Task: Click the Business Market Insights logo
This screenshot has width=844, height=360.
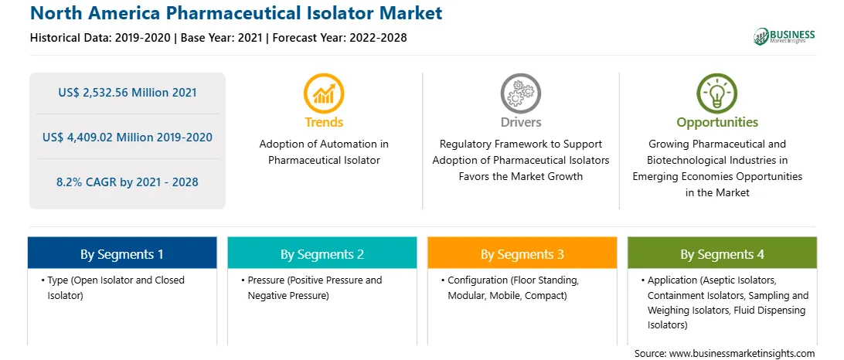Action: click(x=784, y=36)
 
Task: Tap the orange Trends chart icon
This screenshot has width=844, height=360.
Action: click(x=324, y=93)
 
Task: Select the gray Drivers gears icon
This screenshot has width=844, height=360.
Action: click(x=520, y=93)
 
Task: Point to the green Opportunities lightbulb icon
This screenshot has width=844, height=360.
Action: click(x=717, y=93)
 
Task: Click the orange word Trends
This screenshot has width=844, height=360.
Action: click(x=324, y=122)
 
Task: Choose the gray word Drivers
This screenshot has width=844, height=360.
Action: click(x=520, y=122)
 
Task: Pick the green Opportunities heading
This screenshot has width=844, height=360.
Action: click(x=717, y=123)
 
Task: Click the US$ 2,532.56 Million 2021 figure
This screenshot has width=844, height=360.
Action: click(x=128, y=93)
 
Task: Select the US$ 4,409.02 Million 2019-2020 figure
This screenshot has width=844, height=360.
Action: click(x=128, y=138)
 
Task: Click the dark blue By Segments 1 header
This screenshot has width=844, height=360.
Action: click(x=122, y=254)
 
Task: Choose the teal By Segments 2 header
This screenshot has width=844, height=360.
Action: click(x=322, y=254)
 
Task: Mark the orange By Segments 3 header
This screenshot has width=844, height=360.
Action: click(x=522, y=254)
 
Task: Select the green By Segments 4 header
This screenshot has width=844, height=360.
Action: click(x=722, y=254)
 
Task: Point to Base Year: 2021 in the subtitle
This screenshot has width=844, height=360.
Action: click(x=221, y=38)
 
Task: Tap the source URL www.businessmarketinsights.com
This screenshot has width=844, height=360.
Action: click(x=740, y=353)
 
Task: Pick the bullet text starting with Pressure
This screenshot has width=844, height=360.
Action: click(x=311, y=288)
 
